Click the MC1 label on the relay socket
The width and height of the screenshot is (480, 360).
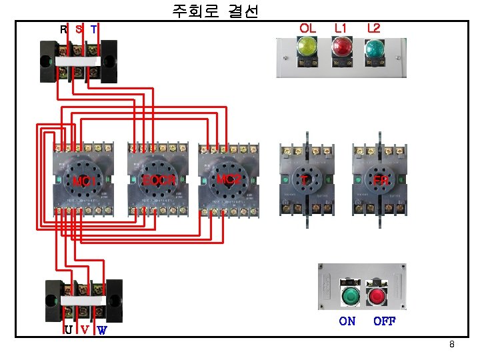pyautogui.click(x=84, y=181)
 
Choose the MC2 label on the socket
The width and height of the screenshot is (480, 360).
pyautogui.click(x=229, y=180)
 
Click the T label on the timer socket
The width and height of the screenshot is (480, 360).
pyautogui.click(x=305, y=180)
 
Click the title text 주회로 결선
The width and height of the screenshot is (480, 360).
pyautogui.click(x=215, y=11)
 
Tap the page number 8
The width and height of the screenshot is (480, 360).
pyautogui.click(x=452, y=345)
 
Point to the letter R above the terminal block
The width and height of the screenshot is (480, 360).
pyautogui.click(x=63, y=29)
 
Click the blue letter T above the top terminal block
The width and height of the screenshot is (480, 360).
pyautogui.click(x=94, y=29)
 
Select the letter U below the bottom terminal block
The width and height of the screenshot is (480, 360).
pyautogui.click(x=69, y=329)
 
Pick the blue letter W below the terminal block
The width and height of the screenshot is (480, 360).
pyautogui.click(x=102, y=329)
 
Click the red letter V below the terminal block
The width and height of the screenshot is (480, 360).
pyautogui.click(x=85, y=329)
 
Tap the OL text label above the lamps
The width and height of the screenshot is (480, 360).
pyautogui.click(x=307, y=28)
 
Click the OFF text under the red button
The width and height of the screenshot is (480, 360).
pyautogui.click(x=384, y=321)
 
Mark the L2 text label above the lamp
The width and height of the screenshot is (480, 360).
pyautogui.click(x=373, y=28)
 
